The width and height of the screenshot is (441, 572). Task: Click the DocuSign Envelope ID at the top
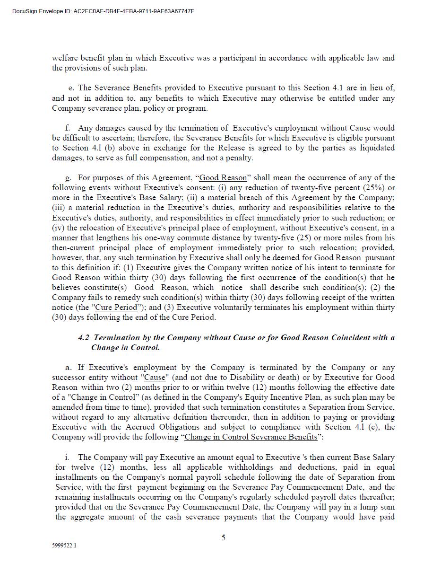(103, 11)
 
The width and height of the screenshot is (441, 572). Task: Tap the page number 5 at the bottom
(223, 537)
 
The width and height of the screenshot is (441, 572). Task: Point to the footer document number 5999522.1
(64, 545)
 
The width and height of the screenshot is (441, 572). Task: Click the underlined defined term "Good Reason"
(223, 178)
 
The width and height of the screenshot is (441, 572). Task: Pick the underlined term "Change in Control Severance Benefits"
(251, 437)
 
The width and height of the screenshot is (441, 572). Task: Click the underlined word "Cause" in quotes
(155, 378)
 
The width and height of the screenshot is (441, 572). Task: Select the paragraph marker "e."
(71, 88)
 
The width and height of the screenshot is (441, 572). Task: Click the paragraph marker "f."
(68, 128)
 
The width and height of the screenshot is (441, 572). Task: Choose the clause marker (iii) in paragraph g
(59, 208)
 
